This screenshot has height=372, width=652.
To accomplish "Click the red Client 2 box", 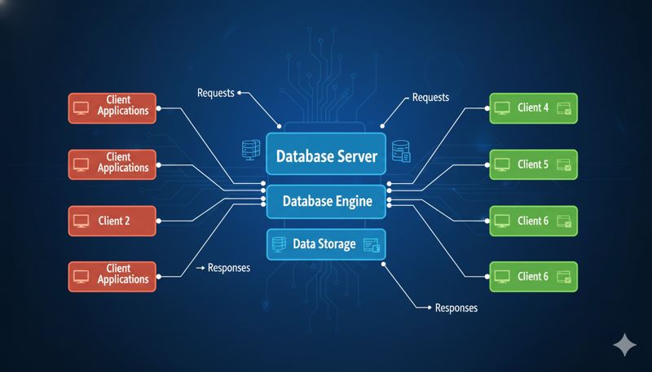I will click(x=111, y=219).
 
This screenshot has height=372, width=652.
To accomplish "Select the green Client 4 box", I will click(x=534, y=108).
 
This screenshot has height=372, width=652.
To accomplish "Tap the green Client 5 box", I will click(x=534, y=164).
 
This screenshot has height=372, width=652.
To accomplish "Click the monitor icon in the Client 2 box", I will click(x=81, y=220).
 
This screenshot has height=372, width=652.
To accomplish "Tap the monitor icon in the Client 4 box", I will click(x=501, y=108).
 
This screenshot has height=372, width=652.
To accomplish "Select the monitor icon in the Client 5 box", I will click(x=501, y=164).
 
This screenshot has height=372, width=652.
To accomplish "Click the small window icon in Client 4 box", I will click(x=563, y=109).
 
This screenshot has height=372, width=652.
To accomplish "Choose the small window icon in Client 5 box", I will click(x=563, y=165).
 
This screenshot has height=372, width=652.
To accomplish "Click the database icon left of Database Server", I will click(x=250, y=149).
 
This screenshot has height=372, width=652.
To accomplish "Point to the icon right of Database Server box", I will click(x=400, y=151).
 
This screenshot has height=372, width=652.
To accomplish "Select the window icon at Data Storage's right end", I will click(x=372, y=243).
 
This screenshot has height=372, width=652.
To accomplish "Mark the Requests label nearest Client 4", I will click(x=430, y=98).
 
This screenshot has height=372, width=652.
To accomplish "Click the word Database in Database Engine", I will click(x=305, y=200).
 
